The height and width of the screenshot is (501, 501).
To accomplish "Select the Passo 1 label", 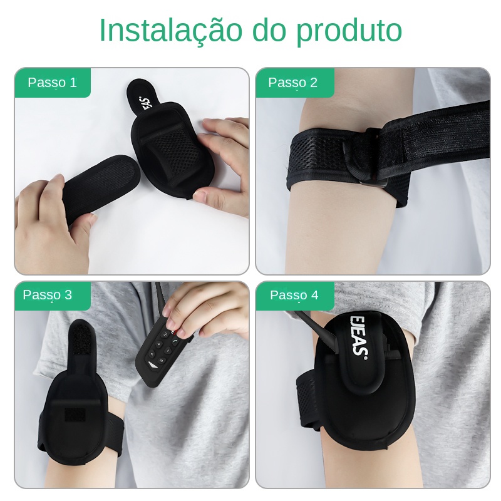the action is point(53,83).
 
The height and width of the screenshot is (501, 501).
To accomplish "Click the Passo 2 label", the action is point(292,83).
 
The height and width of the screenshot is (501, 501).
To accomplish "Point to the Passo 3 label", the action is point(48,294).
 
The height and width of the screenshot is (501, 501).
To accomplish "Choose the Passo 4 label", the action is point(294,294).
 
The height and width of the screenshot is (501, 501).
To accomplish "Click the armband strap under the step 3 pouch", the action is point(112,435).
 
